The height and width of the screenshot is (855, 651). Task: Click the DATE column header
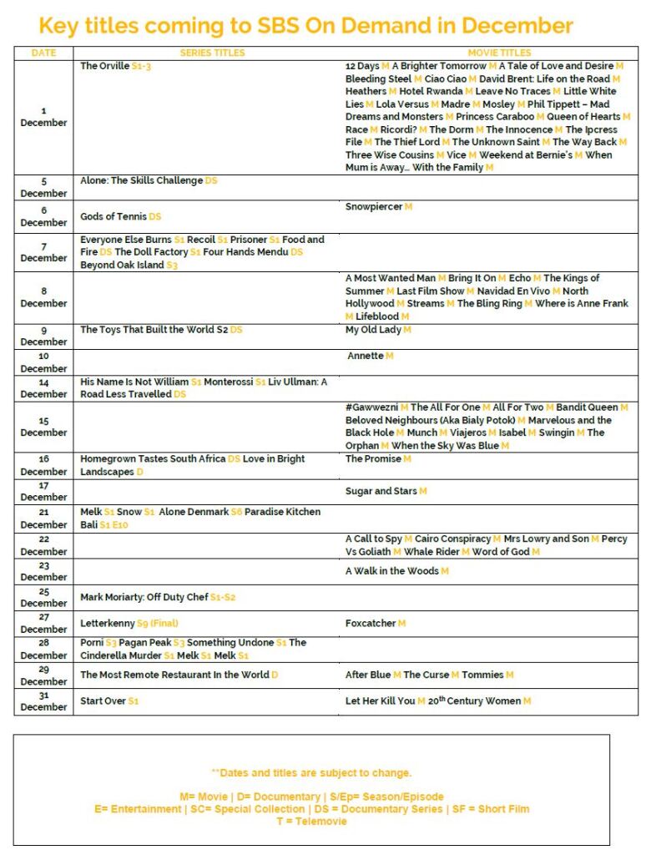[43, 53]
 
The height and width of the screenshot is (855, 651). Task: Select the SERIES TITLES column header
[212, 53]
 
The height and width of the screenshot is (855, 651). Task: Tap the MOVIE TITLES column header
[499, 53]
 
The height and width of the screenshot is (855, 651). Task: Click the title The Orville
[105, 66]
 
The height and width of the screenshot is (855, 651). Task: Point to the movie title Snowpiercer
[374, 206]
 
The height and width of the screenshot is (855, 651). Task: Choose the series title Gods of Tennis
[114, 217]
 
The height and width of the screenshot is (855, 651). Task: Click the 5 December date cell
[43, 187]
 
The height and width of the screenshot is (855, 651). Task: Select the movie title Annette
[366, 356]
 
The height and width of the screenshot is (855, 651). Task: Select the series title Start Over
[103, 701]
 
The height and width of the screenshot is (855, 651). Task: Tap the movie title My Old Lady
[373, 330]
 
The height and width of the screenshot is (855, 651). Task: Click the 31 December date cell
[43, 701]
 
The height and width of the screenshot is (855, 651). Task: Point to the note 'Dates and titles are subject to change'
[311, 773]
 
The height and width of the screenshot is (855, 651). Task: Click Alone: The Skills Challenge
[142, 181]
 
